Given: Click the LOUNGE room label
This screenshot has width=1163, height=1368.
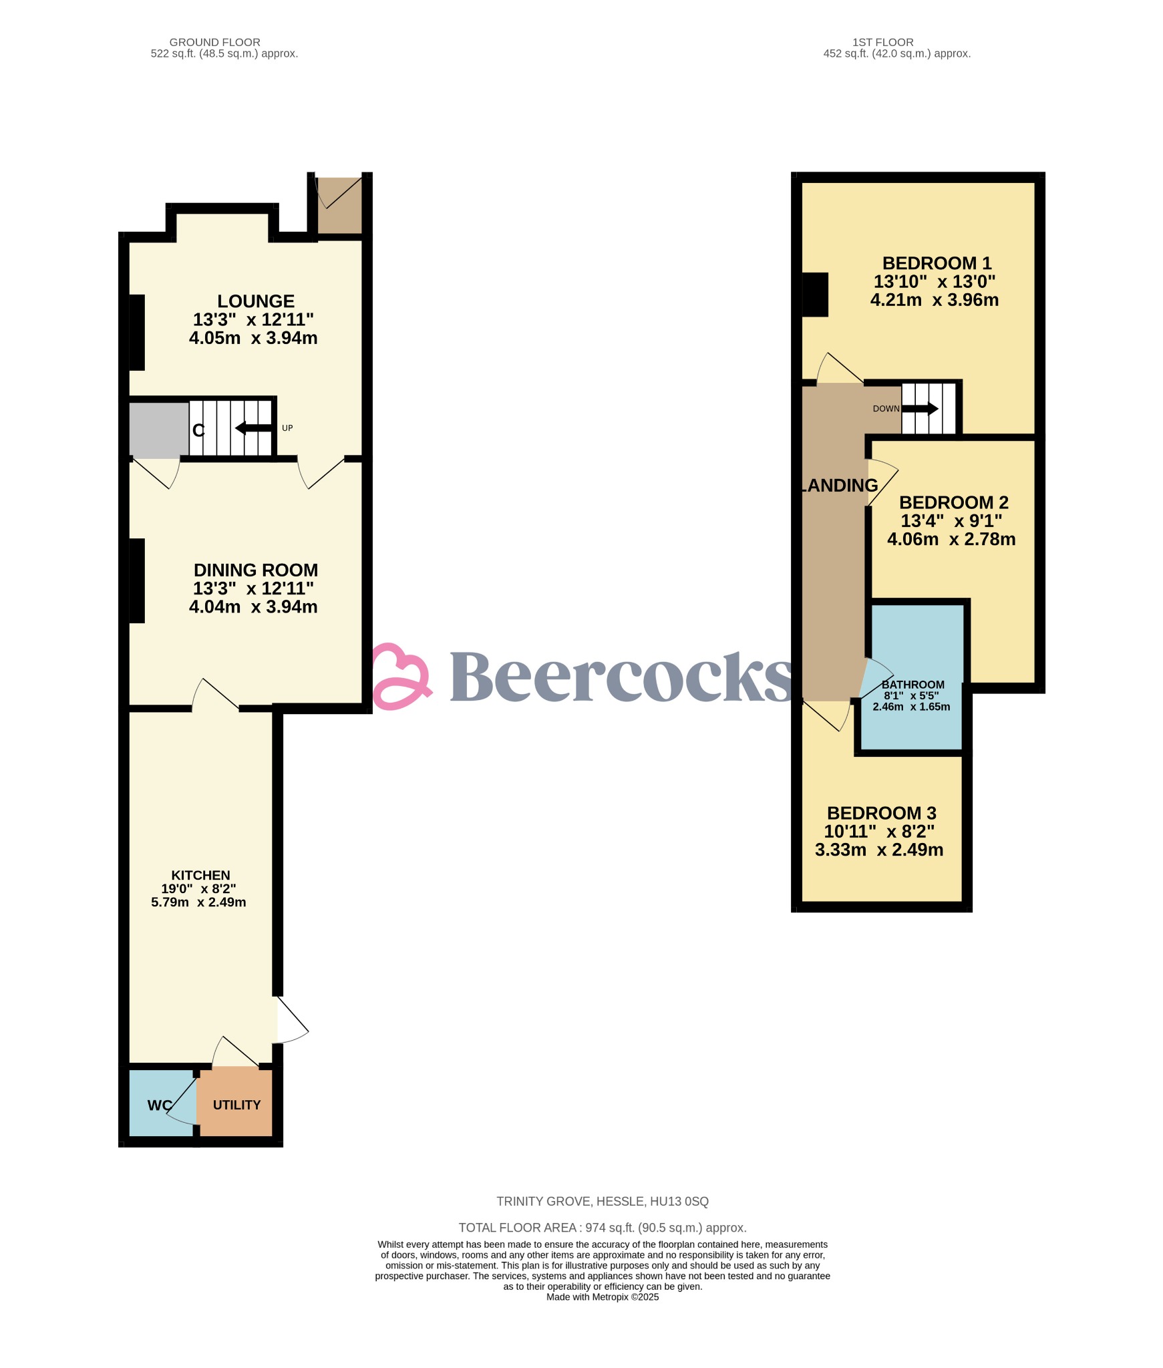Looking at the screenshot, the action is [256, 301].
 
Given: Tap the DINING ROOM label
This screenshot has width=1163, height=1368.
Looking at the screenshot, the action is [256, 570].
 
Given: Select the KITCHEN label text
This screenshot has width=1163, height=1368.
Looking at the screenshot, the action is [200, 875].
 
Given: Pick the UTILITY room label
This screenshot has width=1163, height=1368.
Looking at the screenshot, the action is [236, 1105].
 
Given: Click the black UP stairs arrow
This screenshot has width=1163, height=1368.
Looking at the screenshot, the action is [254, 427].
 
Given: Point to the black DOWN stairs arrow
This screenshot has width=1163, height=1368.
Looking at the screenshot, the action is [921, 409].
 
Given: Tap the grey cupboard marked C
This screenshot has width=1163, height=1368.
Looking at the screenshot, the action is [159, 430].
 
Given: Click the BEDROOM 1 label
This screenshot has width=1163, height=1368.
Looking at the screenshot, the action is [937, 263].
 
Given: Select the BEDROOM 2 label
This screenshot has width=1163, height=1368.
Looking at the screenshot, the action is [953, 502].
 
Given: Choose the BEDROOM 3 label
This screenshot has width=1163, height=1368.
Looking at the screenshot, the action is [882, 813].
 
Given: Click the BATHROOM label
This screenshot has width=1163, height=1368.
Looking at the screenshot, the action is [912, 685].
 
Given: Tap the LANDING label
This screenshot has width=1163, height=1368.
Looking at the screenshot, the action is [839, 485].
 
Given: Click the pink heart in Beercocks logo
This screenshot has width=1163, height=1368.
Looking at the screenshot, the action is [400, 676].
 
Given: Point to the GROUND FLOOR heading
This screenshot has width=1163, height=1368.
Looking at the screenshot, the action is [215, 42].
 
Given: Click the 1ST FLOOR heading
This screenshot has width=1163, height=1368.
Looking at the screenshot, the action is [883, 42].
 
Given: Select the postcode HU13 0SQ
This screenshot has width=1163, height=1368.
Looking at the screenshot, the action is [679, 1202].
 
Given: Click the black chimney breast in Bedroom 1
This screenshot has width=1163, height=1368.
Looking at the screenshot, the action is [815, 294].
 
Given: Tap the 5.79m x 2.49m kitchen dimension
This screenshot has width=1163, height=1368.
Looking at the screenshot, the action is [198, 902].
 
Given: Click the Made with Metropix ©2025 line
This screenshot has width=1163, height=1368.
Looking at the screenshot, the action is [603, 1297].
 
